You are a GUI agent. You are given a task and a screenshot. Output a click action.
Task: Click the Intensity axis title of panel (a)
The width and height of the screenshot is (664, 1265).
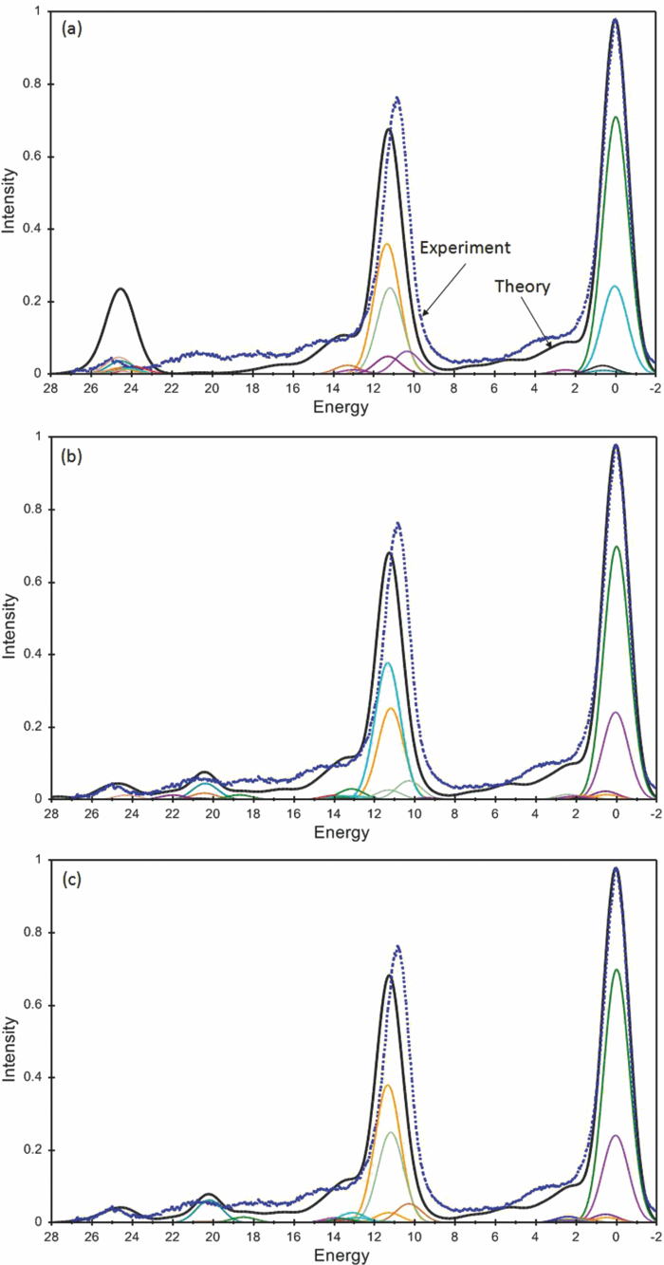pos(10,194)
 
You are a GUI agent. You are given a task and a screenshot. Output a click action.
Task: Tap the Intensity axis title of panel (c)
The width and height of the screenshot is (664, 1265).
pos(10,1042)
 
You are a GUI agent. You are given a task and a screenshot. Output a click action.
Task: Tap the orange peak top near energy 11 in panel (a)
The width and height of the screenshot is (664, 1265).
pos(387,244)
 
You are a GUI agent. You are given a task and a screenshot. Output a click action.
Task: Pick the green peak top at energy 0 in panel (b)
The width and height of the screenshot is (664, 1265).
pos(616,547)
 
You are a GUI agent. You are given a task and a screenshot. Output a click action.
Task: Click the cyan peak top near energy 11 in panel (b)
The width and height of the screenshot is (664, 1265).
pos(387,662)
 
